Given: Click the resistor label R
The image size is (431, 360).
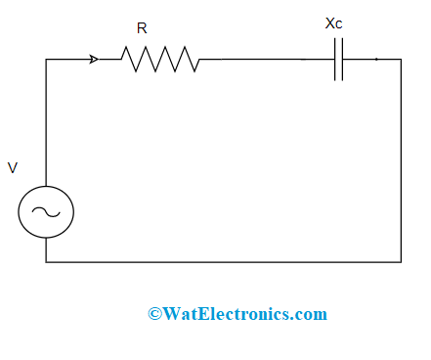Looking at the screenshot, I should coord(142,29).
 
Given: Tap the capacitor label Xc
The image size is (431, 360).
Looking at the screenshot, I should coord(333,22).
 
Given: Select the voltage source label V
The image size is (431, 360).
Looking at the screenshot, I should coord(13,168).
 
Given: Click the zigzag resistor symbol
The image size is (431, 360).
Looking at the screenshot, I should coord(161,60).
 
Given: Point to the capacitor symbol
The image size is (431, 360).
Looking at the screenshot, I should coord(338,60).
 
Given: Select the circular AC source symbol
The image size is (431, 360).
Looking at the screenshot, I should coord(46,212).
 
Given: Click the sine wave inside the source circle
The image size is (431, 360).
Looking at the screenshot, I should coord(46,212).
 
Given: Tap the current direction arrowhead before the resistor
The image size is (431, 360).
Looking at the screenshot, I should coord(94,60).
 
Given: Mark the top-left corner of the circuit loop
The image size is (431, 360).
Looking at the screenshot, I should coord(46,60).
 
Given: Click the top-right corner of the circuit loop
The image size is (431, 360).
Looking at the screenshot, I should coord(401,60).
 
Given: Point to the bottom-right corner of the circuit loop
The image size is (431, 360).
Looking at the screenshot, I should coord(401,262).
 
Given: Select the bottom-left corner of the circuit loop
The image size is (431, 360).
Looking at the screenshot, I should coord(46,262).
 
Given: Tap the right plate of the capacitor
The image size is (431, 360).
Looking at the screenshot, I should coord(342,60).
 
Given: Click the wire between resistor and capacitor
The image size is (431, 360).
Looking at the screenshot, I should coord(264,60).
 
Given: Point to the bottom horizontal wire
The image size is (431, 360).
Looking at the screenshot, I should coord(225,262).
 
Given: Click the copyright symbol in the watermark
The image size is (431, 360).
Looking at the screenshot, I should coord(154,314).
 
